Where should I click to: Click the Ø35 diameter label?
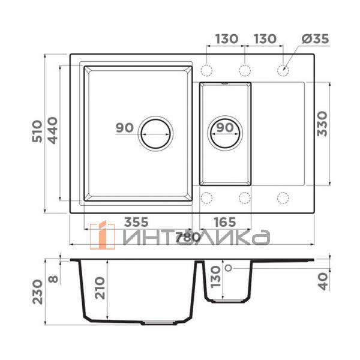pos(315,38)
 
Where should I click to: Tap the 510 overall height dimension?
pos(37,131)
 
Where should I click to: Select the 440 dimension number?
pos(53,130)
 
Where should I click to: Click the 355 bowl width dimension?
pos(136,222)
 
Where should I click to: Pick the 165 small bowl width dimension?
pos(224,222)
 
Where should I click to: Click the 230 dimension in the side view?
pos(37,292)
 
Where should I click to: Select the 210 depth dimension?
pos(100,288)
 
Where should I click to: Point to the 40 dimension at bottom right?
pos(323,281)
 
